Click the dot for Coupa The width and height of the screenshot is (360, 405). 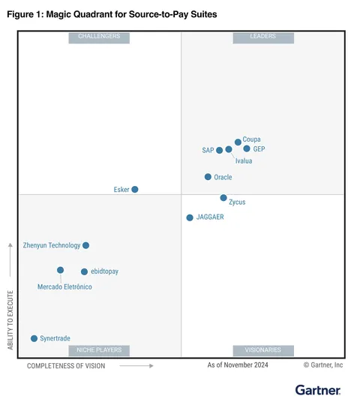click(238, 142)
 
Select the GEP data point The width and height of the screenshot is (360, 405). click(247, 148)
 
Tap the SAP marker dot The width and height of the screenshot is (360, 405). click(219, 150)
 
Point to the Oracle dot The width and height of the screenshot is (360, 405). click(208, 177)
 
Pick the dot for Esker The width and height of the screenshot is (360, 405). click(135, 189)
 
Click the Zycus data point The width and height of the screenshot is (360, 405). click(223, 198)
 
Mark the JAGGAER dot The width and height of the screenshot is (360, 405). click(190, 217)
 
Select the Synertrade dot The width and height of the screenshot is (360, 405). click(34, 338)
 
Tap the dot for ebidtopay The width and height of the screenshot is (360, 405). click(84, 271)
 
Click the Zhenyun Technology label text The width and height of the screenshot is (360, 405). click(52, 245)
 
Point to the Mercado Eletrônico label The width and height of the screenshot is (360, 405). click(64, 286)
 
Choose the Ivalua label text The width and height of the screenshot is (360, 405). click(244, 161)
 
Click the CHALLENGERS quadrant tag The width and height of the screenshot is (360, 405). click(99, 37)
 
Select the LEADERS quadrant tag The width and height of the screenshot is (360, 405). click(263, 37)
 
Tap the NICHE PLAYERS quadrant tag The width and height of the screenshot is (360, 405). click(99, 350)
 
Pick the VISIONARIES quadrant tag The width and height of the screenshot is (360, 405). click(263, 350)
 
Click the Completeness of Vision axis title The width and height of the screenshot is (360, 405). click(66, 366)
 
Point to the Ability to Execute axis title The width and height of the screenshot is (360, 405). click(10, 320)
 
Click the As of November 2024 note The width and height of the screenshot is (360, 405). click(238, 365)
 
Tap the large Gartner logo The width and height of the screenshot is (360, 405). click(318, 390)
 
